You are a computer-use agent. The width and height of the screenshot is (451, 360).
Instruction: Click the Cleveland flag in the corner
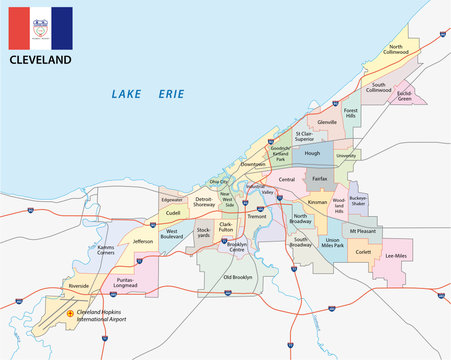click(40, 28)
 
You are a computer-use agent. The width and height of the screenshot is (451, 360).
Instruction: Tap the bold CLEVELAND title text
click(41, 61)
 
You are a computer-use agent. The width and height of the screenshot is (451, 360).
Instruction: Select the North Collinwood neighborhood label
click(397, 49)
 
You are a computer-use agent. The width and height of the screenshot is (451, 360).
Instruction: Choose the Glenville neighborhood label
click(327, 122)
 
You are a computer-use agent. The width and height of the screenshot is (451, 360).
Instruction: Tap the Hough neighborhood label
click(312, 154)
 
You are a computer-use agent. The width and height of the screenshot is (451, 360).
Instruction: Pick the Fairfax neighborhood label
click(319, 178)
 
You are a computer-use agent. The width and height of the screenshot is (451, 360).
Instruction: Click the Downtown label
click(253, 164)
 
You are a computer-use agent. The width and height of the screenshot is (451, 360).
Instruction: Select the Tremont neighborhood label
click(255, 215)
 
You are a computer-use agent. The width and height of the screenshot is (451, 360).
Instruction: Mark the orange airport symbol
click(69, 313)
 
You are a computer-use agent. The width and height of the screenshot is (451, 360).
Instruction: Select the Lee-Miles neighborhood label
click(397, 257)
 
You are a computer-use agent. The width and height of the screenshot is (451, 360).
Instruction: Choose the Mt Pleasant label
click(363, 231)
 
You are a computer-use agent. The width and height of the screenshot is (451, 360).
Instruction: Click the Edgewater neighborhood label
click(172, 200)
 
